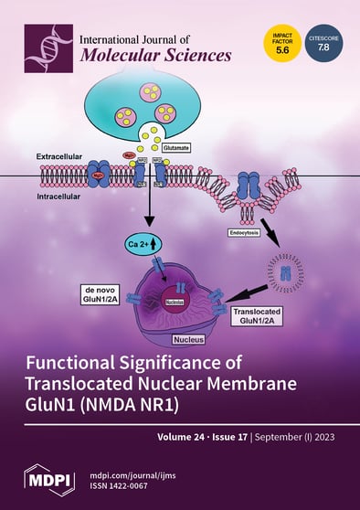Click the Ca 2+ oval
click(144, 242)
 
